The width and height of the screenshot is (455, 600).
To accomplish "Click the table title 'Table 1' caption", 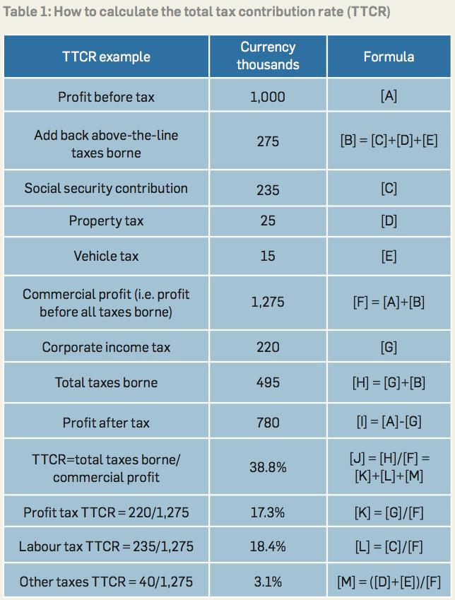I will tap(196, 12).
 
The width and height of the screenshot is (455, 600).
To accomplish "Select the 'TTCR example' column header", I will tap(106, 57).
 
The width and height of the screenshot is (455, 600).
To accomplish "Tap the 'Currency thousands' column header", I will tap(268, 56).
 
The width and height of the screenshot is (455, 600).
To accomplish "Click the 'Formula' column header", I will tap(389, 57).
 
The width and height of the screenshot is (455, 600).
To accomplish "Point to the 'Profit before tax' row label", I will tap(106, 97).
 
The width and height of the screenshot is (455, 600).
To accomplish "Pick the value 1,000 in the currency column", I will tap(268, 97).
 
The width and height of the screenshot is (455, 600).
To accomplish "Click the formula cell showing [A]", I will tap(389, 96).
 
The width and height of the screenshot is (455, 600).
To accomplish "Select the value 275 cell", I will tap(268, 141).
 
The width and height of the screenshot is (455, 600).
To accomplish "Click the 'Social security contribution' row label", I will tap(106, 188).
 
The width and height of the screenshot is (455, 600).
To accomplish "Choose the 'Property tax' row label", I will tap(106, 221).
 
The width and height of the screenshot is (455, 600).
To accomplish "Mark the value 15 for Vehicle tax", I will tap(268, 256).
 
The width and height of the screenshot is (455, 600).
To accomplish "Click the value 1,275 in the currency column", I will tap(268, 302).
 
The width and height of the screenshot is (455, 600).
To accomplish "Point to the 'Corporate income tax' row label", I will tap(106, 347).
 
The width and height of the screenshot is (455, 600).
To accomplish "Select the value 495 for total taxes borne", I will tap(268, 382).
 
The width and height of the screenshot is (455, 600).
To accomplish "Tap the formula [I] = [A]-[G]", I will tap(389, 422).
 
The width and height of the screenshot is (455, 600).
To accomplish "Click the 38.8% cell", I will tap(268, 467).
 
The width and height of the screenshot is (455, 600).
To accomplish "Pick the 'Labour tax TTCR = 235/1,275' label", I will tap(106, 546).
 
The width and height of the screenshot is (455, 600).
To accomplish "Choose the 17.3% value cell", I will tap(268, 512).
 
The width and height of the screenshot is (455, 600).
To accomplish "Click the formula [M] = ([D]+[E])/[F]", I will tap(389, 582).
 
